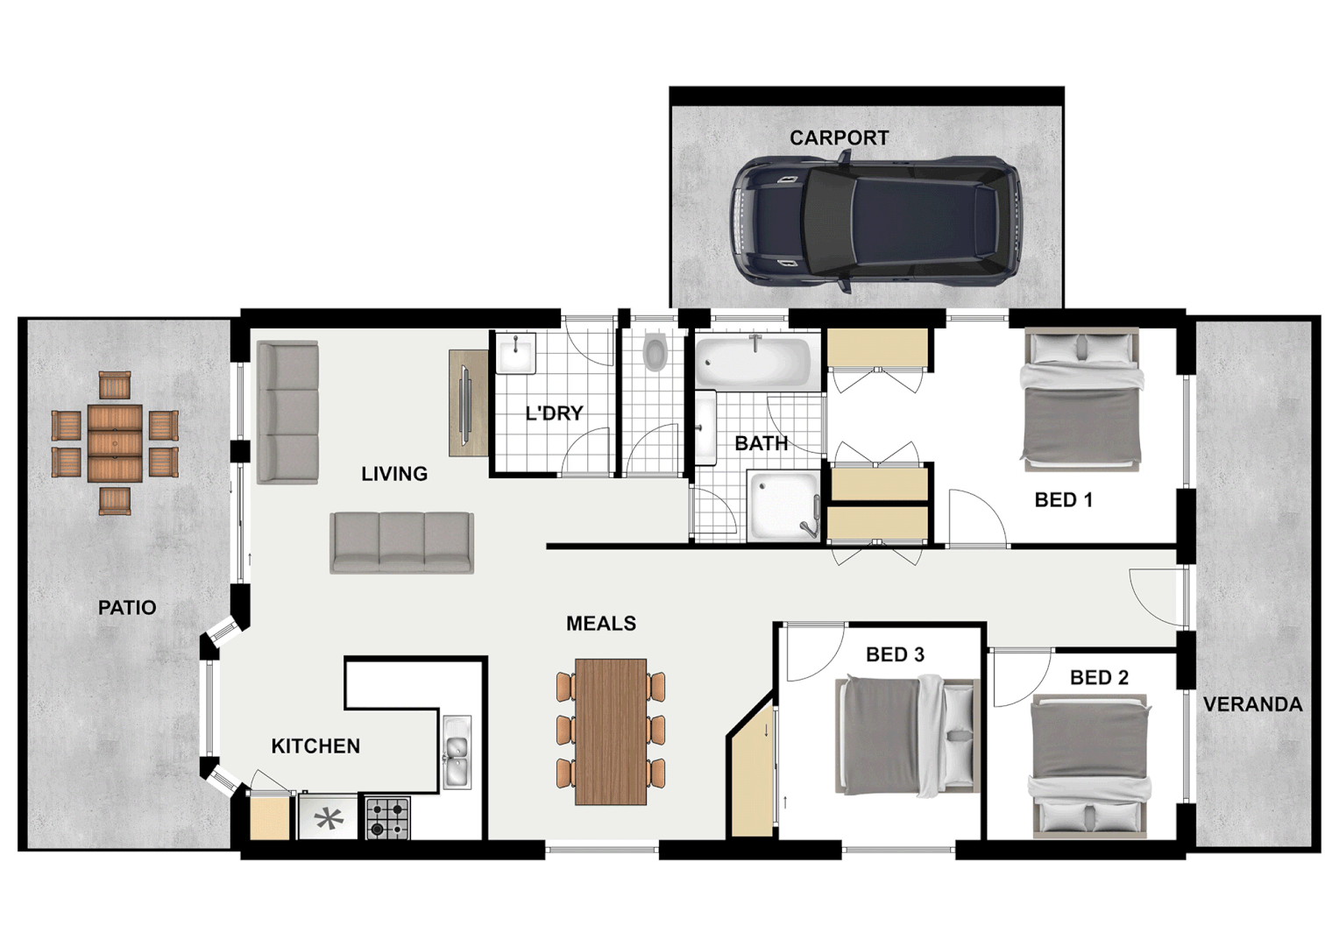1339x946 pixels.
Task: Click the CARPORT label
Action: [839, 138]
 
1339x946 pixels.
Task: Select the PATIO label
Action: [127, 608]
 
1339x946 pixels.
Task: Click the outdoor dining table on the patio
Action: [115, 443]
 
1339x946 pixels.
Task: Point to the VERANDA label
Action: [1252, 704]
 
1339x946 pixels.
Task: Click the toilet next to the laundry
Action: [655, 352]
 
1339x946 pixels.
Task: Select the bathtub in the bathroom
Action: [754, 362]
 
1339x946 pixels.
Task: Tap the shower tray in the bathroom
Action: [783, 507]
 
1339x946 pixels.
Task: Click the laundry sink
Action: [515, 354]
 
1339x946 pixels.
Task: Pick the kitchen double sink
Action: [457, 752]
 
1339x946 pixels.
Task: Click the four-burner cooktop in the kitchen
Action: [387, 818]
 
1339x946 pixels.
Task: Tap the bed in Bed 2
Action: [1089, 765]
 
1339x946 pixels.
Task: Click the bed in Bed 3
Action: [907, 735]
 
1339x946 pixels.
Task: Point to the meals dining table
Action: [611, 731]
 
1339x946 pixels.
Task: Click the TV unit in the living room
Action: [468, 403]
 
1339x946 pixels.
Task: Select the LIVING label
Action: [394, 474]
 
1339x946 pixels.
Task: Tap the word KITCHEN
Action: [315, 746]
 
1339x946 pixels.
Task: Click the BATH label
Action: [761, 444]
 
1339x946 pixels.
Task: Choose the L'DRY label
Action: [554, 413]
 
